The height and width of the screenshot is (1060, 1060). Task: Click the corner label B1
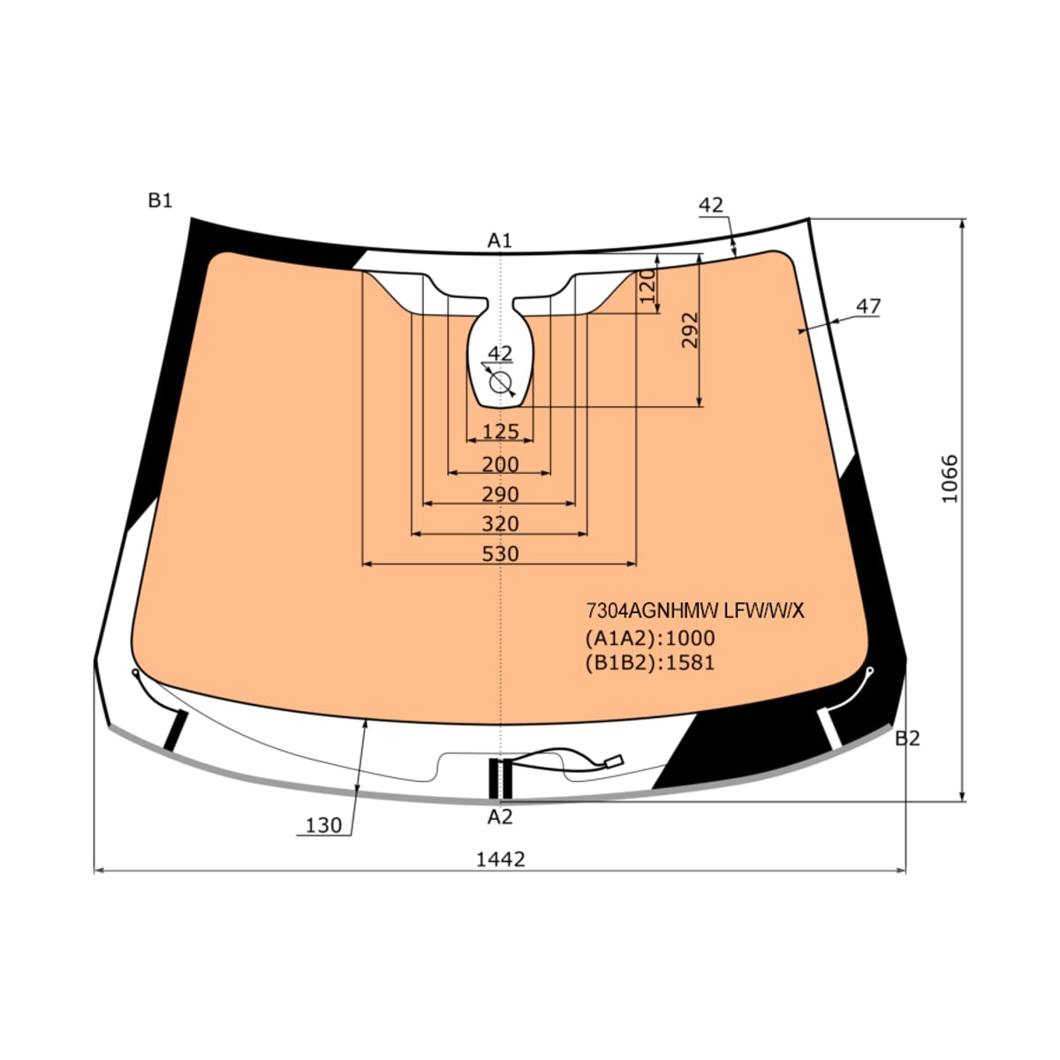(x=160, y=201)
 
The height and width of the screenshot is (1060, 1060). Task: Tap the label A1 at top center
(x=499, y=240)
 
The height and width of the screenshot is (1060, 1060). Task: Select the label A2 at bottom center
(x=499, y=817)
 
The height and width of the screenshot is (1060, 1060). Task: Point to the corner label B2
(x=907, y=738)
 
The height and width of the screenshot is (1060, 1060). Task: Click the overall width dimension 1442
(x=500, y=859)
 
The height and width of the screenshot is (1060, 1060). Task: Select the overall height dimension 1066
(x=950, y=478)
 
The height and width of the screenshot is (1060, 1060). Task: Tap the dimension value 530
(x=500, y=554)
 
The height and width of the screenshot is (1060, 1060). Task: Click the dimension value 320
(x=500, y=524)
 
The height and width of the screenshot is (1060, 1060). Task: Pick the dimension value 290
(x=500, y=495)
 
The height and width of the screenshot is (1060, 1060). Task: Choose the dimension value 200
(x=500, y=465)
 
